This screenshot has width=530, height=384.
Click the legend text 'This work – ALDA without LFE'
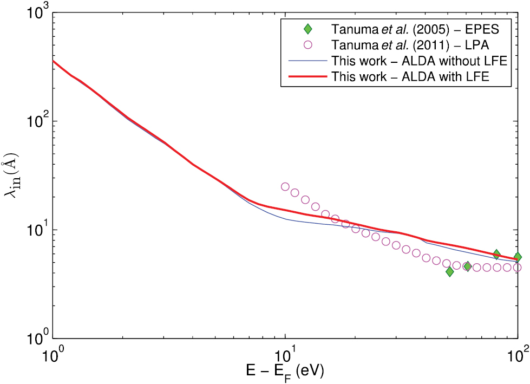click(419, 60)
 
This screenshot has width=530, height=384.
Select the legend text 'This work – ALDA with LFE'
click(411, 76)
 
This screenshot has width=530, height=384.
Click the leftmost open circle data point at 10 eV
click(285, 186)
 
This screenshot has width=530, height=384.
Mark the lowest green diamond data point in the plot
click(449, 271)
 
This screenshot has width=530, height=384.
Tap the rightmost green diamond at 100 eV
click(518, 257)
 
